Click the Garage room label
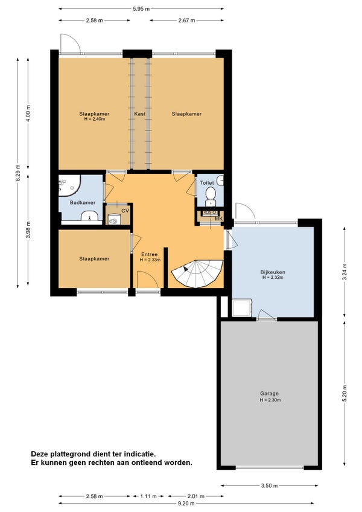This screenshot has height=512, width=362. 269,394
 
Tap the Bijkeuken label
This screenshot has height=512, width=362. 273,272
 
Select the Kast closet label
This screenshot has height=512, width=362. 140,114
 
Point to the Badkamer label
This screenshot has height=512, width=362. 83,202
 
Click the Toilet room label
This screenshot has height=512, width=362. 207,183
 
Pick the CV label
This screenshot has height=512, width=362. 125,211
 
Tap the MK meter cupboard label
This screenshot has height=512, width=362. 218,219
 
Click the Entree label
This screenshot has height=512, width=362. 150,254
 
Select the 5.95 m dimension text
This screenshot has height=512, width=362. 141,9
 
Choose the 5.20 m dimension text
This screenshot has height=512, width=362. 345,394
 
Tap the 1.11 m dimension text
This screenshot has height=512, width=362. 148,496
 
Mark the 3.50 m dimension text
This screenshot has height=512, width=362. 269,485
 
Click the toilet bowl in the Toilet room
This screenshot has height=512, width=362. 211,195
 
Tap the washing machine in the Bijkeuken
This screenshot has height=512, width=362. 242,308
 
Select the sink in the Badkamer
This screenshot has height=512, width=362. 90,216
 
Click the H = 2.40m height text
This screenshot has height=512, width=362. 94,119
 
